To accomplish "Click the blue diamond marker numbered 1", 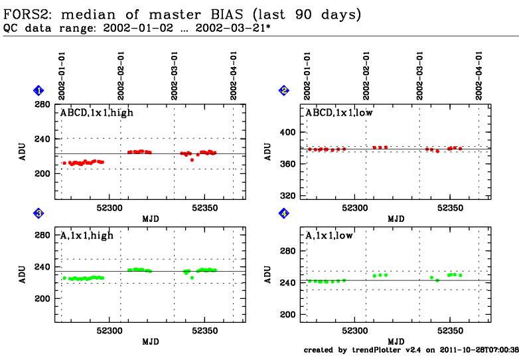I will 39,90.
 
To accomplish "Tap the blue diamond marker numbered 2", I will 284,90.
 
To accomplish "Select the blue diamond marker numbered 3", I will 39,213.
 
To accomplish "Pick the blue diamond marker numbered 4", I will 284,213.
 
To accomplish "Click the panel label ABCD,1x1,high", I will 97,113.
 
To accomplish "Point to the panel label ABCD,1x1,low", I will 340,113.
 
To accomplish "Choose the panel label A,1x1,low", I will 330,235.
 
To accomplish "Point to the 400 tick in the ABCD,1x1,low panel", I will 287,132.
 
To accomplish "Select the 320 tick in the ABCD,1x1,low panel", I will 287,196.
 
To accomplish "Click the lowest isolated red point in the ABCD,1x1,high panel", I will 192,160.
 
